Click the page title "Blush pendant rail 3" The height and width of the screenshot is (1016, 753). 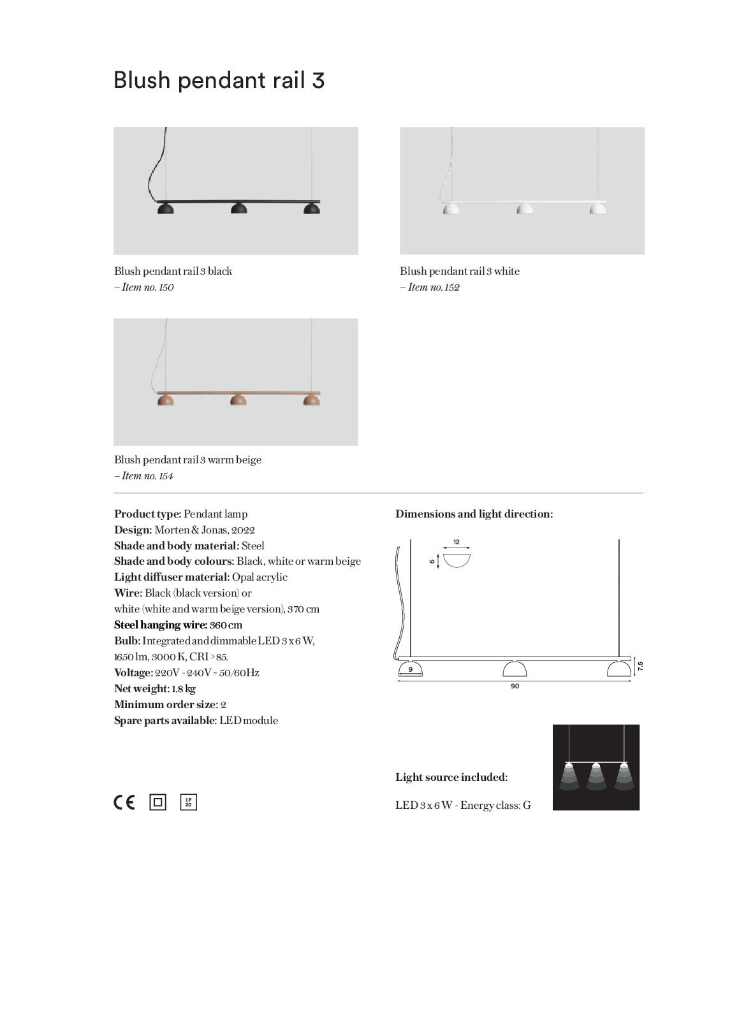219,80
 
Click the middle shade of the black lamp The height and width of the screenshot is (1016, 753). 238,208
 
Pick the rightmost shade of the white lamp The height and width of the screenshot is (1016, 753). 597,208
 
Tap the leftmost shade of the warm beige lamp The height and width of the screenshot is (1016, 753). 165,400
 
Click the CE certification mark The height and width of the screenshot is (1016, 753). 124,802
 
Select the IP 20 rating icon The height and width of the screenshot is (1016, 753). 189,802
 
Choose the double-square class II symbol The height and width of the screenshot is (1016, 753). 157,802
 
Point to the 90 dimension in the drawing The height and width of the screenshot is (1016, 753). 515,686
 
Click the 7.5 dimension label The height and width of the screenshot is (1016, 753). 640,666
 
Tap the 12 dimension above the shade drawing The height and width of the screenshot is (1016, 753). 457,542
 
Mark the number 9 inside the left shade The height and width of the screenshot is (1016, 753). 411,669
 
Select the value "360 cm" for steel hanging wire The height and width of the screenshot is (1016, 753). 226,625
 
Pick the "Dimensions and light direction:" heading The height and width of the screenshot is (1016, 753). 474,514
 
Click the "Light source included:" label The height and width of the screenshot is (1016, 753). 451,777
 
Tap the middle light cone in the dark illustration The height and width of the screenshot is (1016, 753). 596,776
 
